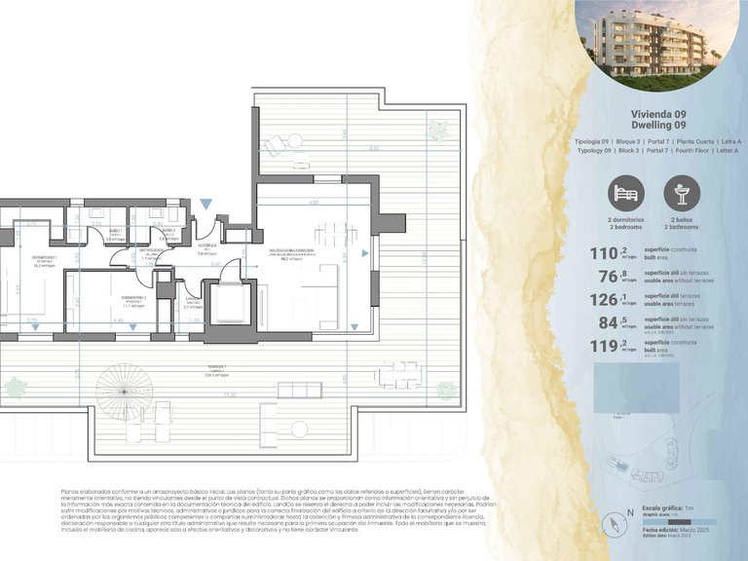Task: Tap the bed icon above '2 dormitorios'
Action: tap(626, 194)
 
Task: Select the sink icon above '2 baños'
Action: tap(683, 194)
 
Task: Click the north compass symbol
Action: tap(617, 525)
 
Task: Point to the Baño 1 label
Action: tap(115, 231)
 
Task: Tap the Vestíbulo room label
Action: tap(206, 245)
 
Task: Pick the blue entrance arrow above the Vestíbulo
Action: tap(206, 204)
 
